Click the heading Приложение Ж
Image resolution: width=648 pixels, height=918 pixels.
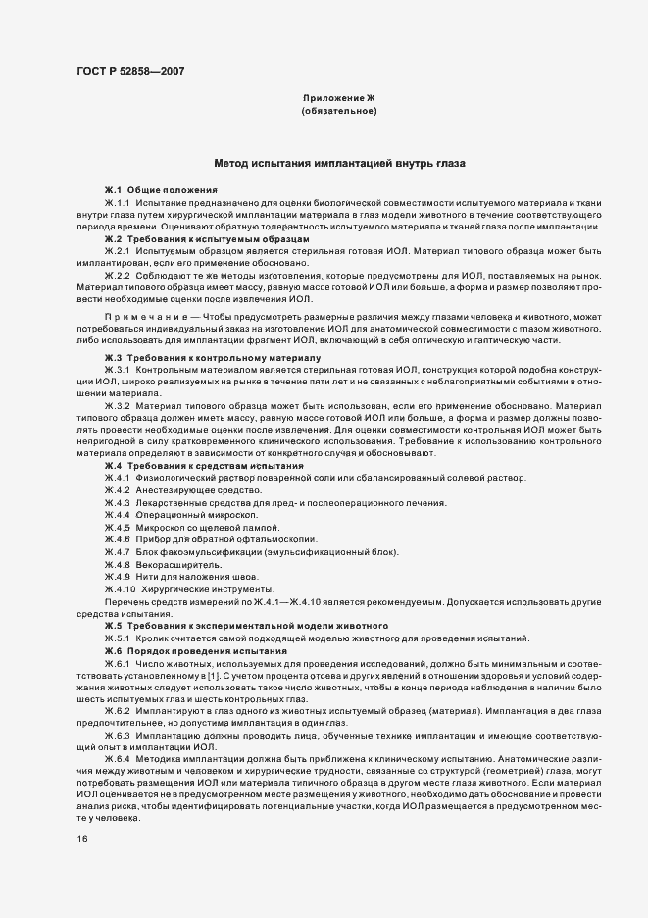(x=339, y=98)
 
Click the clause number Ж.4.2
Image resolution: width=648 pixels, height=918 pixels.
(x=119, y=489)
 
